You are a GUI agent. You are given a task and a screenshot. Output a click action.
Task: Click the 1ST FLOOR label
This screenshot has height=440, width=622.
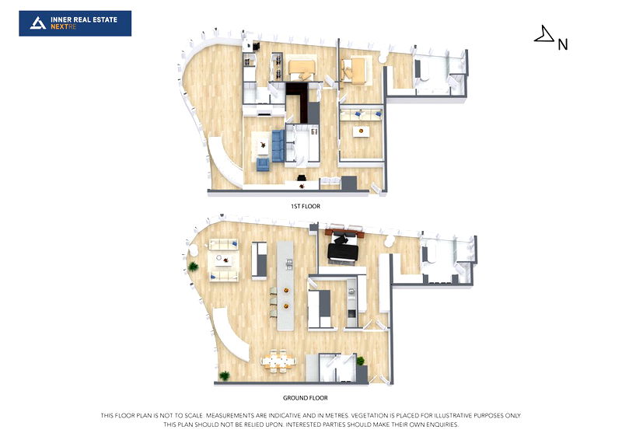[x=304, y=206]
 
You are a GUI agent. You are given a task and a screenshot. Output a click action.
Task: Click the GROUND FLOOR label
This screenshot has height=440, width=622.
[x=304, y=398]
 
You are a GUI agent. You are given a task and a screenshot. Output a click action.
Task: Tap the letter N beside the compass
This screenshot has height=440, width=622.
[x=563, y=44]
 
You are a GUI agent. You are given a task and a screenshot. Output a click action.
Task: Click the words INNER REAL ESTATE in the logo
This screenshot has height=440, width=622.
[x=84, y=19]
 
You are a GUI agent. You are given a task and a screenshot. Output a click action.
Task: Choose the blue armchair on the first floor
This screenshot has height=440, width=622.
[x=263, y=163]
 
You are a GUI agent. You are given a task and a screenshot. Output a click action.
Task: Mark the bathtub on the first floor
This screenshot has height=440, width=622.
[x=421, y=73]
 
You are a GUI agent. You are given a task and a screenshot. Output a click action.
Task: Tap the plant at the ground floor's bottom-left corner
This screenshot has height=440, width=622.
[x=225, y=375]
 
